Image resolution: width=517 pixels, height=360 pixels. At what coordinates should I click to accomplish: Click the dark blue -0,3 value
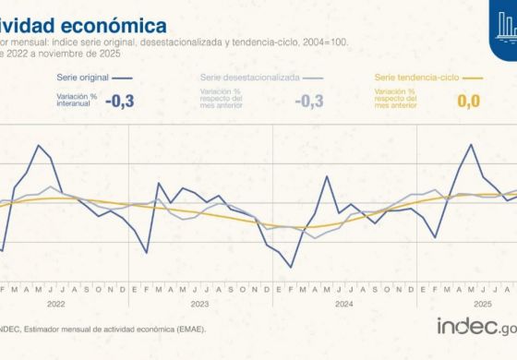click(121, 102)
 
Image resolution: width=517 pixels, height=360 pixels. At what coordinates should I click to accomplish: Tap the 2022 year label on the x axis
click(55, 303)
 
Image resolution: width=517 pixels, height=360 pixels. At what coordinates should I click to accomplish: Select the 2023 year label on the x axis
click(199, 303)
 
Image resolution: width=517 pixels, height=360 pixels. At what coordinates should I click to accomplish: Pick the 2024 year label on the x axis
click(343, 303)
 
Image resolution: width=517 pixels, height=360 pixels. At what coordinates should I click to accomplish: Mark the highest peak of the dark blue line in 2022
click(39, 145)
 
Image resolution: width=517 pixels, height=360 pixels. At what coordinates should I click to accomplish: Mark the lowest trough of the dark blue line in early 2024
click(292, 268)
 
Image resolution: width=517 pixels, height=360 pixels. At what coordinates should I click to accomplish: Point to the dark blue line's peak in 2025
click(472, 145)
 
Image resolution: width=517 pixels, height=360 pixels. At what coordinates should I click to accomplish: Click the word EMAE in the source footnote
click(187, 328)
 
